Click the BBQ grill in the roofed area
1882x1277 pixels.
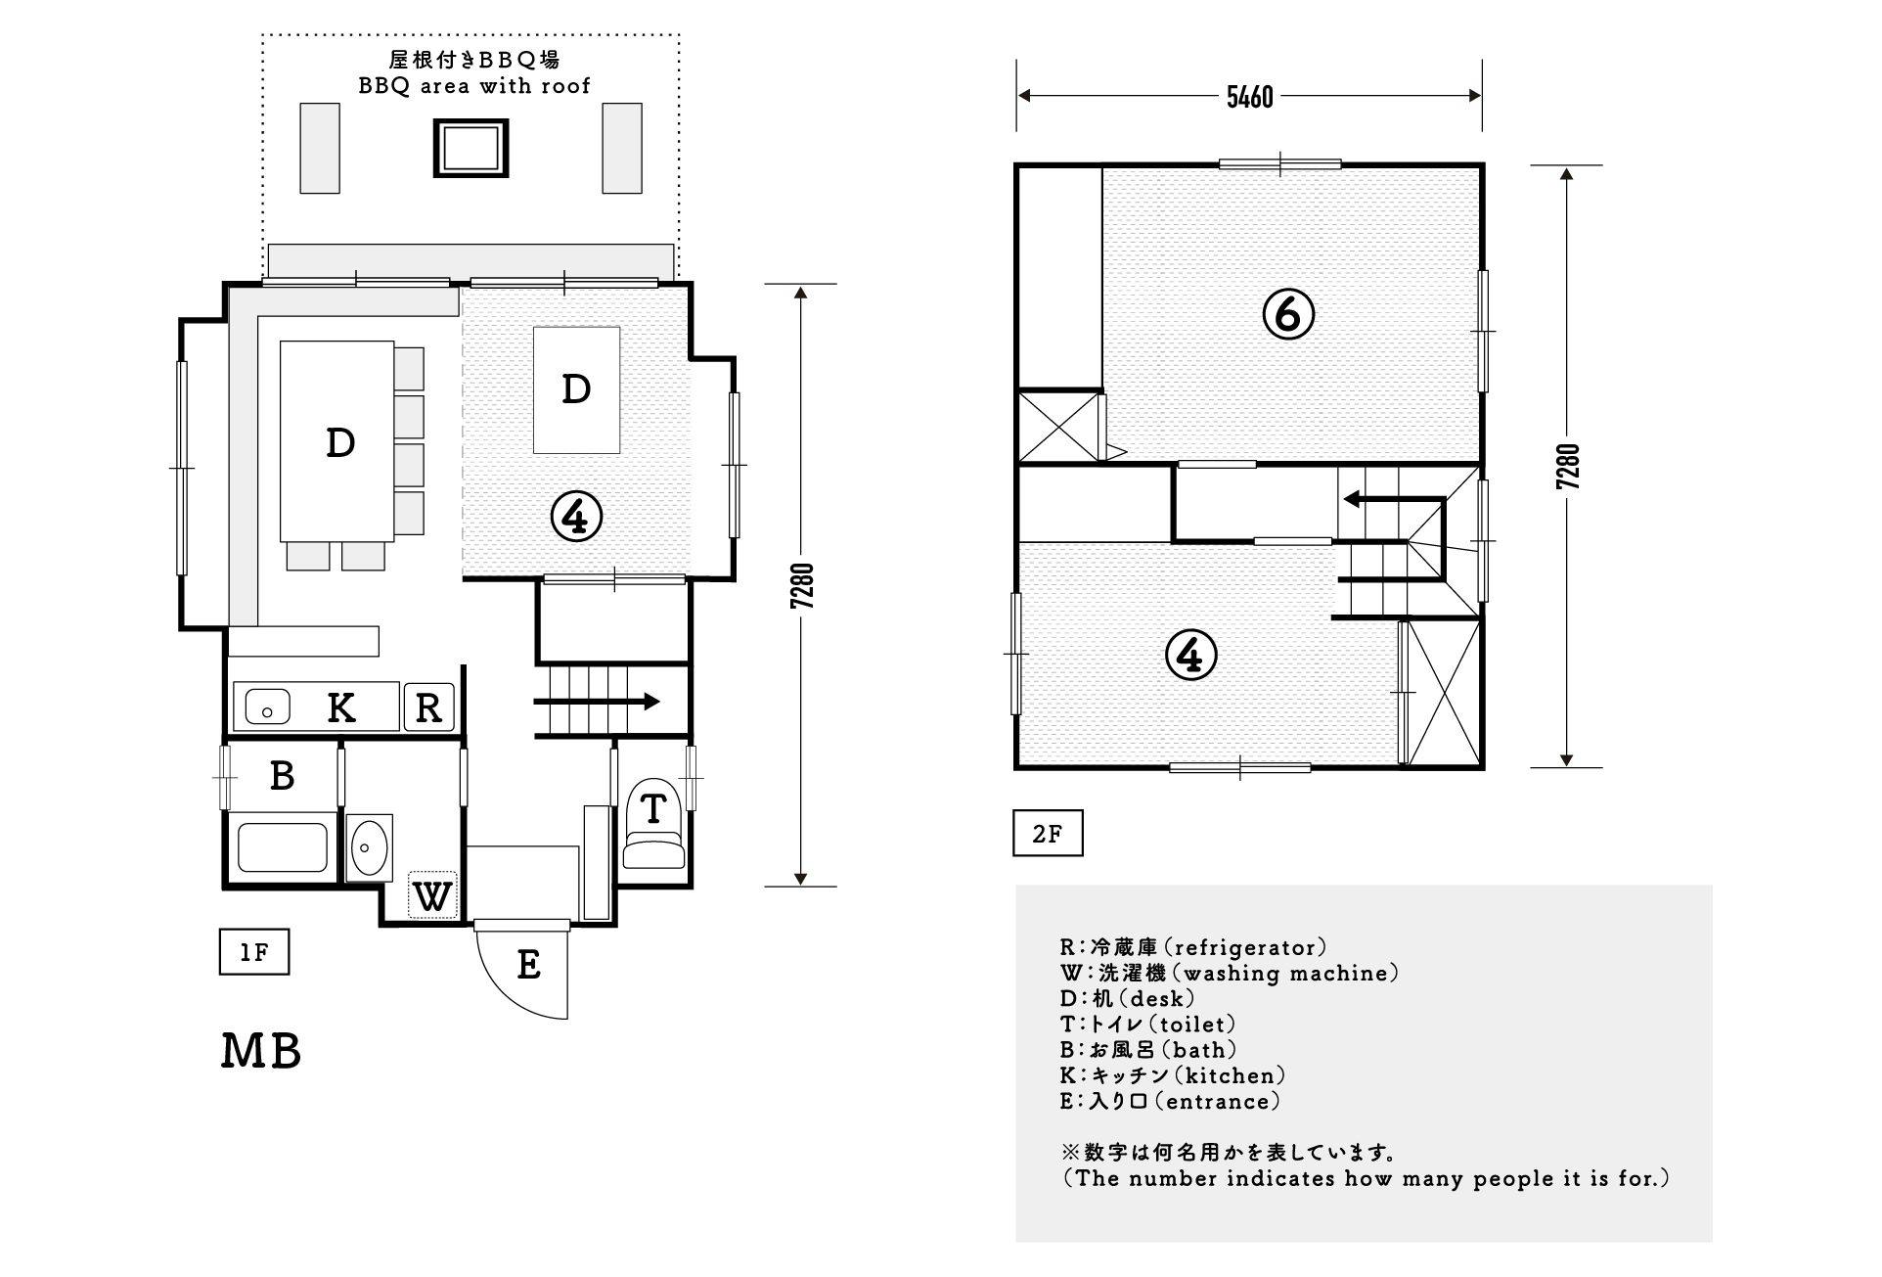coord(471,149)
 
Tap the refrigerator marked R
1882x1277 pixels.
coord(429,707)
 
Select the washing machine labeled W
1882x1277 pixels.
coord(433,894)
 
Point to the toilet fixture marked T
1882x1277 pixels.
coord(653,824)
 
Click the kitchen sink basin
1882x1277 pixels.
coord(267,706)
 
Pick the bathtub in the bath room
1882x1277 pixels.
coord(283,848)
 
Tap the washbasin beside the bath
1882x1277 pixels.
coord(370,846)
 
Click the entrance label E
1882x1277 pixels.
coord(529,965)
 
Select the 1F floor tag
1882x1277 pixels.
coord(254,952)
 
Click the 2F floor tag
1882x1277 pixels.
coord(1048,834)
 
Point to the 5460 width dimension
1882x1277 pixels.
coord(1250,97)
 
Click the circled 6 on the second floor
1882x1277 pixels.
coord(1288,314)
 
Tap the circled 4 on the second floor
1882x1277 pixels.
coord(1191,655)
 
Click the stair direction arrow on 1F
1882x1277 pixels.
coord(597,702)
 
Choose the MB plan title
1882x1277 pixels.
coord(261,1051)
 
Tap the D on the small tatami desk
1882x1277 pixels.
coord(576,389)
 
